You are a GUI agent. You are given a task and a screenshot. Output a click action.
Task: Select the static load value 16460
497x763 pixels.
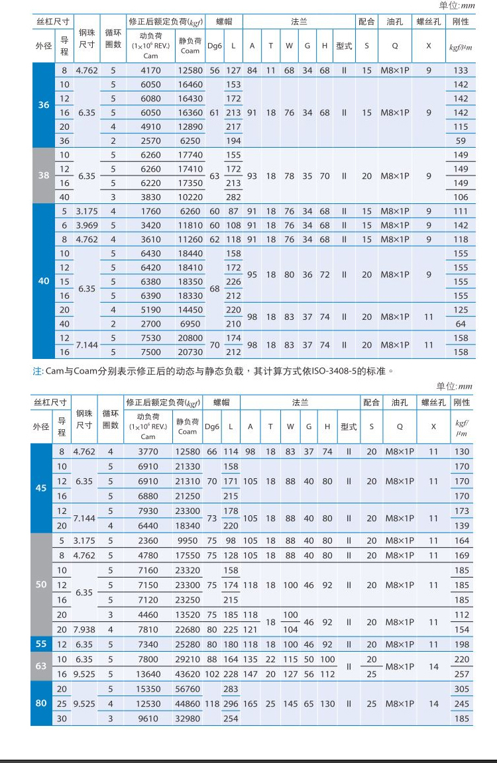[190, 85]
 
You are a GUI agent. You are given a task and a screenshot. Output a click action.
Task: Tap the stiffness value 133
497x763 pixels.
[460, 70]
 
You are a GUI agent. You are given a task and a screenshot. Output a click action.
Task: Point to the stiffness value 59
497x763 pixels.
[460, 141]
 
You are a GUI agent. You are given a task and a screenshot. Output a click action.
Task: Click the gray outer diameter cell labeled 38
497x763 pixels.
[44, 176]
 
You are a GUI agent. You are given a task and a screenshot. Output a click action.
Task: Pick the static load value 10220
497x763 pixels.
[190, 197]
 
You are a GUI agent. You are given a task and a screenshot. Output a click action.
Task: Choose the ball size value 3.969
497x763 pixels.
[86, 225]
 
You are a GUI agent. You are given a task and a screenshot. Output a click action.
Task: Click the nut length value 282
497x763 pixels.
[233, 197]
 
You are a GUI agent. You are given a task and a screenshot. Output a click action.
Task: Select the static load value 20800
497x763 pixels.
[190, 338]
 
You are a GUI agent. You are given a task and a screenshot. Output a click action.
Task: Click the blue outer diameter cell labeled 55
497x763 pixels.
[41, 644]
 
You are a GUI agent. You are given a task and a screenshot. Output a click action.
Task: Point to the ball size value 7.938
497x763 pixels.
[84, 629]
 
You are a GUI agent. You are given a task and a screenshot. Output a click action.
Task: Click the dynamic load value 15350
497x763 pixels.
[148, 689]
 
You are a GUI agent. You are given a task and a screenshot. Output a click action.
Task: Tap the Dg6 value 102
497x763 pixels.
[212, 674]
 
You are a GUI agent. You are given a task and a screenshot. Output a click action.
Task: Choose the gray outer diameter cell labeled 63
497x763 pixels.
[41, 666]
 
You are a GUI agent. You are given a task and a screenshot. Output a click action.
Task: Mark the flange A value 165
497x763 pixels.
[250, 703]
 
